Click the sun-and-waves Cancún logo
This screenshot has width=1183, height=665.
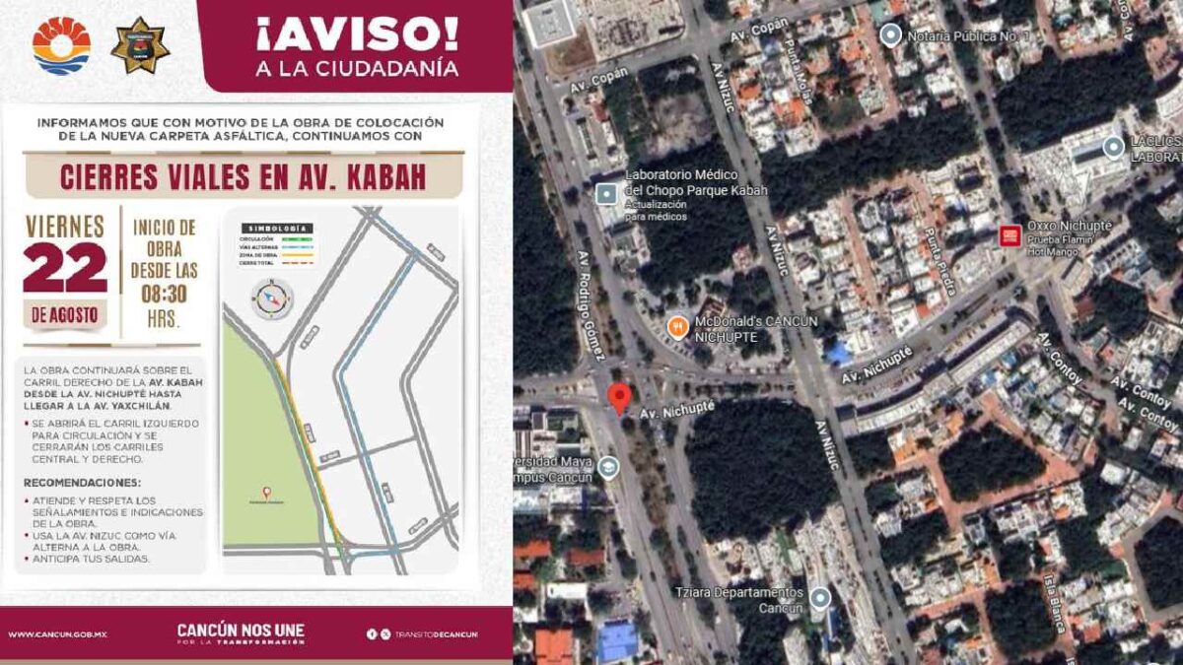pyautogui.click(x=61, y=45)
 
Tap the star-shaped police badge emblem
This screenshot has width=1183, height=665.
pyautogui.click(x=140, y=46)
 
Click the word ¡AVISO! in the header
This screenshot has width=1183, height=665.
pyautogui.click(x=357, y=34)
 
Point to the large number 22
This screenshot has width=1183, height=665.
pyautogui.click(x=65, y=268)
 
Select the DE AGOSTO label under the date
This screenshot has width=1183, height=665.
pyautogui.click(x=65, y=315)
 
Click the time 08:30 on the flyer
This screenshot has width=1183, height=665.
pyautogui.click(x=164, y=294)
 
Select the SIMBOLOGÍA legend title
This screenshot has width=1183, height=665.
pyautogui.click(x=277, y=228)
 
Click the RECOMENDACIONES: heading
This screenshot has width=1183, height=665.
pyautogui.click(x=83, y=483)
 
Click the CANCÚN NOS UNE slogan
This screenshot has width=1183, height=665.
pyautogui.click(x=241, y=631)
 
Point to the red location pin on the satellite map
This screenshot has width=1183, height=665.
pyautogui.click(x=619, y=399)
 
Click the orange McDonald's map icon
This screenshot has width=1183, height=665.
pyautogui.click(x=677, y=325)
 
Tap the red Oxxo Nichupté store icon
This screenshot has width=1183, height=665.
pyautogui.click(x=1009, y=235)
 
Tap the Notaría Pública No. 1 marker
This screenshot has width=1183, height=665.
pyautogui.click(x=891, y=36)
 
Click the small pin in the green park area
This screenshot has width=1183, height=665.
pyautogui.click(x=264, y=491)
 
